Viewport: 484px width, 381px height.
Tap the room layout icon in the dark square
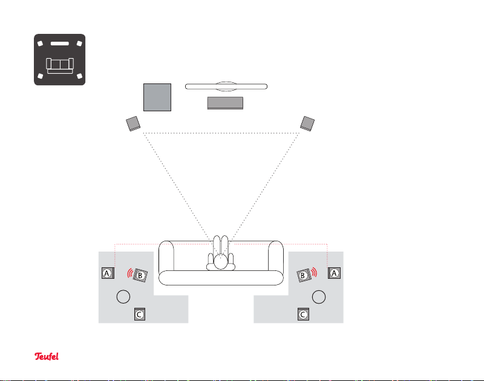click(59, 60)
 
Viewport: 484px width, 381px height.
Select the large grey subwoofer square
click(157, 97)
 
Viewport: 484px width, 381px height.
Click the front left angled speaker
click(134, 123)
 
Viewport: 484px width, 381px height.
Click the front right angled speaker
click(309, 123)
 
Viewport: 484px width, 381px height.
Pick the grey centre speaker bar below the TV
click(225, 103)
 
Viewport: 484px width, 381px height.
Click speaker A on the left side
click(107, 273)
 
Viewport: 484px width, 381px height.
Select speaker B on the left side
click(140, 275)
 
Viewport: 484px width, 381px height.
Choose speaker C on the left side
click(139, 314)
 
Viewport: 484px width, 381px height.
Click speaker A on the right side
click(334, 273)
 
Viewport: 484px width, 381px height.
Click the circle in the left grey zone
click(123, 296)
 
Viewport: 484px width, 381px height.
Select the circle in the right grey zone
click(319, 296)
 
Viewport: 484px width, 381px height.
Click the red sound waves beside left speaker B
click(130, 273)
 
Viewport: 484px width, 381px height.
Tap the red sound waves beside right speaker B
click(313, 273)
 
